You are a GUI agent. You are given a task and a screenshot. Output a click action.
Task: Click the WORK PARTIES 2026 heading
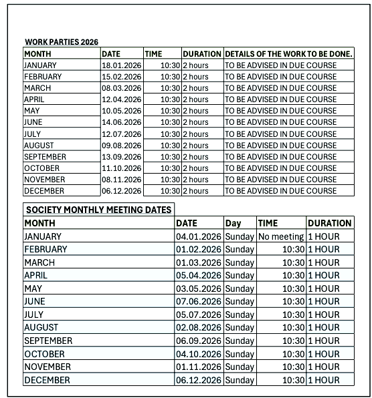(x=61, y=42)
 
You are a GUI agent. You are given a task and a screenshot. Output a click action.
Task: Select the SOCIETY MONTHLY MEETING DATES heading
(x=98, y=210)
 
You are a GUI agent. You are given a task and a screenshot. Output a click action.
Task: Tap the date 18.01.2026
(x=121, y=65)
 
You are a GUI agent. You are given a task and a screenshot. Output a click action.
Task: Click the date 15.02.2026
(x=121, y=77)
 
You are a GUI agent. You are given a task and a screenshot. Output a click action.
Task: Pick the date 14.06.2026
(x=121, y=122)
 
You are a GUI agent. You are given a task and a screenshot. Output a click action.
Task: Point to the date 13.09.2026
(x=121, y=156)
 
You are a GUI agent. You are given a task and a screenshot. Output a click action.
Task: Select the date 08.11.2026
(x=121, y=179)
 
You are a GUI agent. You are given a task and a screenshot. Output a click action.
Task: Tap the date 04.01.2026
(x=199, y=236)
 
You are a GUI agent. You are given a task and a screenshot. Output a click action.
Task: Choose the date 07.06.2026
(x=199, y=302)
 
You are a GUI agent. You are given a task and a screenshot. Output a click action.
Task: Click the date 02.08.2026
(x=199, y=328)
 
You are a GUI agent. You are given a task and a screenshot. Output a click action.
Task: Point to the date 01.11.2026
(x=199, y=367)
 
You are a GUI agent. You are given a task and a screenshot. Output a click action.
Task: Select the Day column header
(x=233, y=223)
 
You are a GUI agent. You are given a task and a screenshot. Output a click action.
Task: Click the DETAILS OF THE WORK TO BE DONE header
(x=288, y=53)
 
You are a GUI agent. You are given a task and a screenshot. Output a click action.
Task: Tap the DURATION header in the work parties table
(x=202, y=53)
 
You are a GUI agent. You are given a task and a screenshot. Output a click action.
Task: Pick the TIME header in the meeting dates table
(x=268, y=223)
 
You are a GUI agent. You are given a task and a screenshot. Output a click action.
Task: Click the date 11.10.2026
(x=121, y=168)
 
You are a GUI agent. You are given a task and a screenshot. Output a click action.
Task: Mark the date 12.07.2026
(x=121, y=134)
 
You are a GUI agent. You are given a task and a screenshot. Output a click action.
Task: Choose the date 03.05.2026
(x=199, y=288)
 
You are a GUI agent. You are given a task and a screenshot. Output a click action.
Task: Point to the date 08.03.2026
(x=121, y=88)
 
